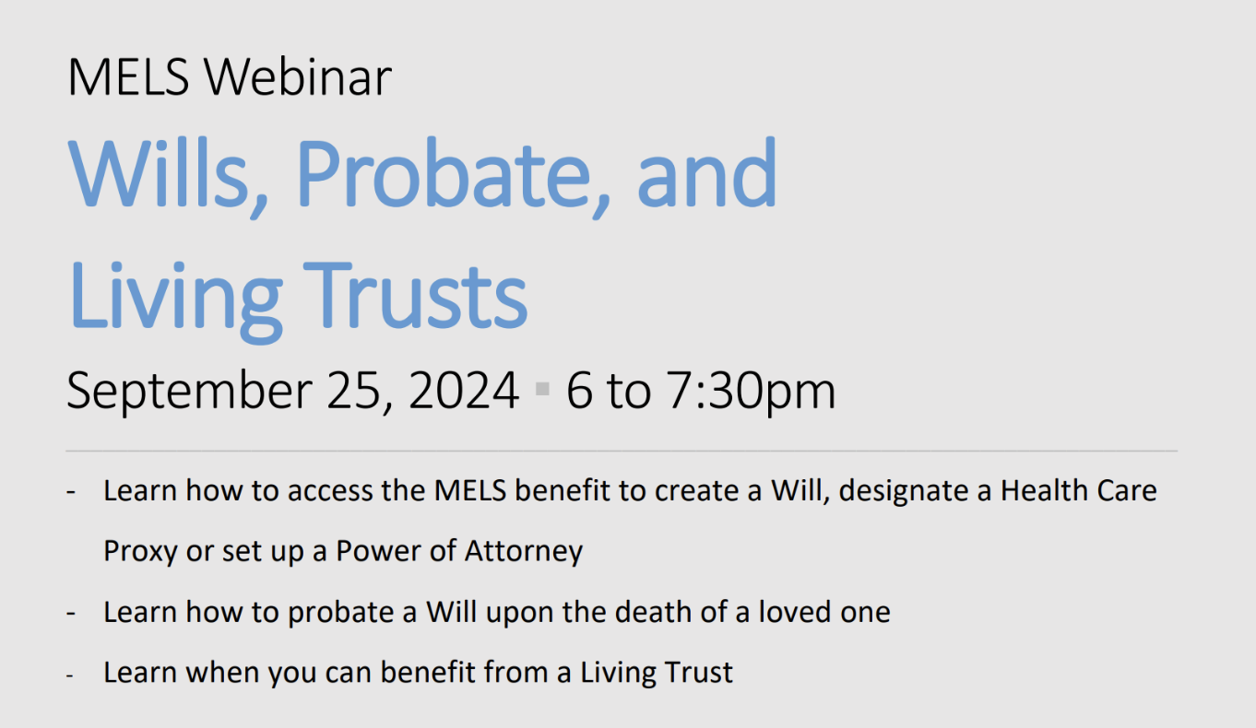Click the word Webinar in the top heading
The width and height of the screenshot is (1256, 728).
pos(297,76)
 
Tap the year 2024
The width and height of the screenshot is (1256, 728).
pos(464,390)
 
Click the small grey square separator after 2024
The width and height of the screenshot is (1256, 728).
pos(542,388)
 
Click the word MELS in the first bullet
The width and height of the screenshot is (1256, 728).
pos(470,490)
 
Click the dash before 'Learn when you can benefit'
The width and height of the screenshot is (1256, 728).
pos(70,675)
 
